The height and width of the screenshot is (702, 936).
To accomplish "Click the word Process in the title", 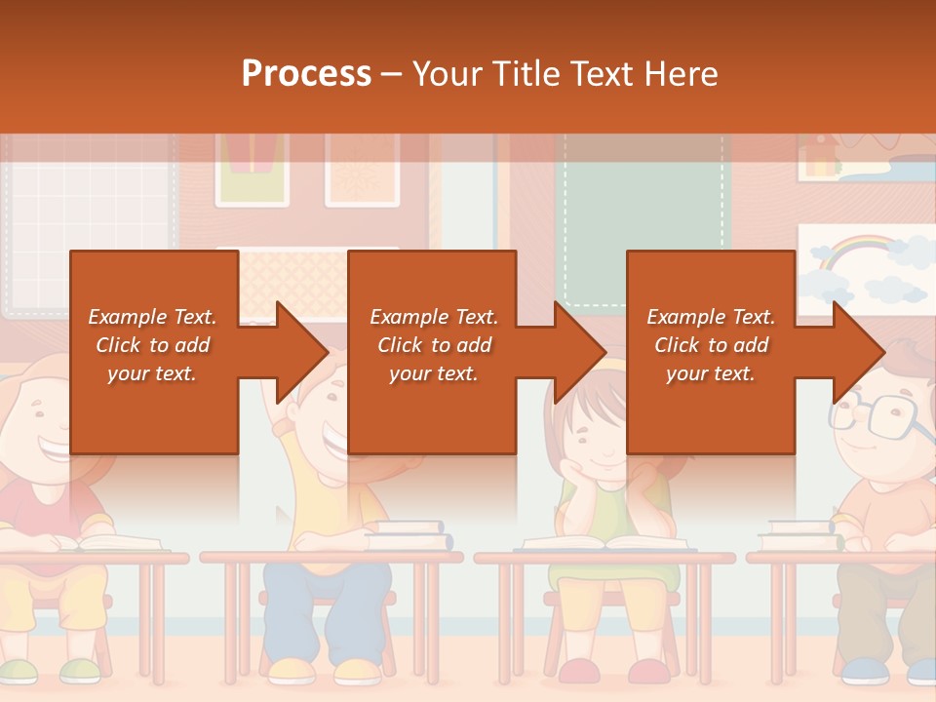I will (306, 74).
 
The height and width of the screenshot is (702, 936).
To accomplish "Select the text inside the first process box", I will (152, 345).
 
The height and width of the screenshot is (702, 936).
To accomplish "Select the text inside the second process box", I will (433, 345).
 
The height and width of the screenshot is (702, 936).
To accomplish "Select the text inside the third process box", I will (710, 345).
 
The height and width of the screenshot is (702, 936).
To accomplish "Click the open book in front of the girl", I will (604, 542).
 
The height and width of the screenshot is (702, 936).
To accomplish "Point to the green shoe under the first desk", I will (80, 670).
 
